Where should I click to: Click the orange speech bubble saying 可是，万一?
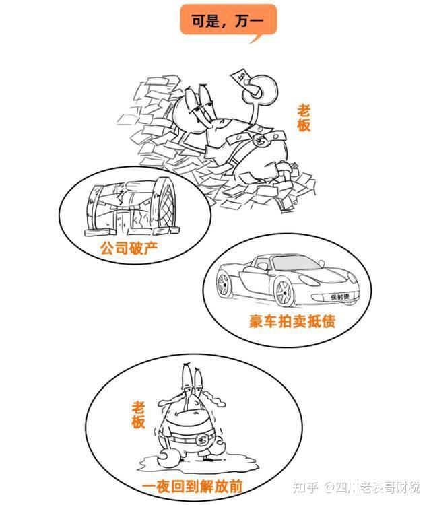coord(228,23)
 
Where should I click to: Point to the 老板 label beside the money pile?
coord(304,117)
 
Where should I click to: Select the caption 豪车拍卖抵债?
coord(292,321)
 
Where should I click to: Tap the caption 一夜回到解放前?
coord(192,485)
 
